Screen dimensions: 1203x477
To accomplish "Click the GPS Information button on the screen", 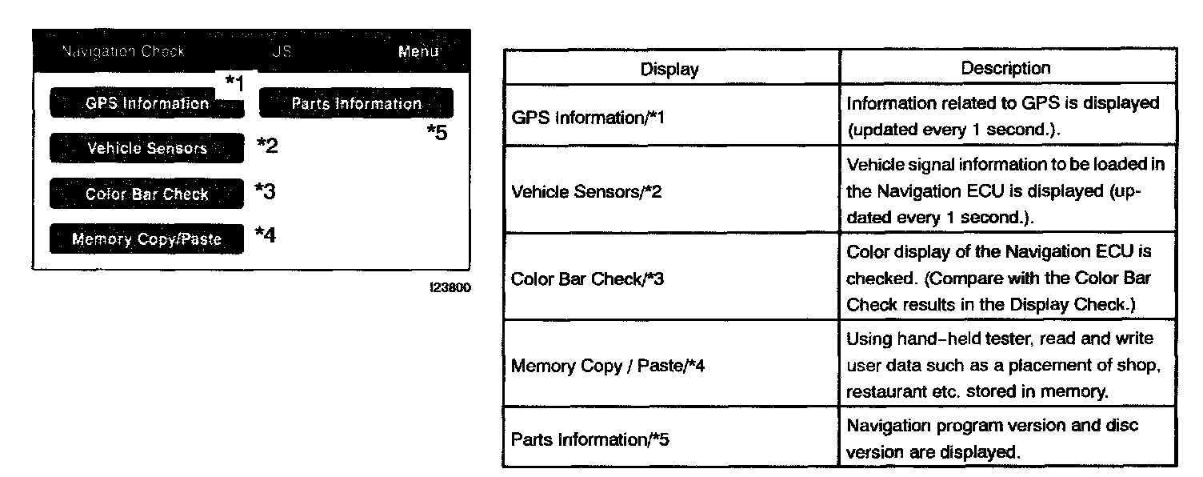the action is pyautogui.click(x=147, y=103).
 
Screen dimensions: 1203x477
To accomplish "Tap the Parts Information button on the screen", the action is pyautogui.click(x=356, y=103).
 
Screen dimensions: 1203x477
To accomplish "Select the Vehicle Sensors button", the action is pyautogui.click(x=147, y=148).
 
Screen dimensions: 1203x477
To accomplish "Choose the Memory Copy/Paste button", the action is pyautogui.click(x=146, y=238).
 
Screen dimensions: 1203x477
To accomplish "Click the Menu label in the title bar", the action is pyautogui.click(x=418, y=52).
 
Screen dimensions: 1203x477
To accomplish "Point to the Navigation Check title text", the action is pyautogui.click(x=122, y=52).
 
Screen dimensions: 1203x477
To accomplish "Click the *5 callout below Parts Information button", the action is pyautogui.click(x=436, y=133).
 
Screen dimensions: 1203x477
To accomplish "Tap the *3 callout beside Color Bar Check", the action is pyautogui.click(x=265, y=191).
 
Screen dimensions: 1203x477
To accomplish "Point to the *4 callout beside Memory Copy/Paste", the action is pyautogui.click(x=265, y=235).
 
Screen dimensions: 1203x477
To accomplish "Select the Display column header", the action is pyautogui.click(x=669, y=69).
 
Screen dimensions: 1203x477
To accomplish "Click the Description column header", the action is pyautogui.click(x=1005, y=68).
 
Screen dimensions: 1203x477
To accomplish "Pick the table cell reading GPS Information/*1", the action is pyautogui.click(x=587, y=118).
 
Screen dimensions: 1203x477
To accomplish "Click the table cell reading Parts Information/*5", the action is pyautogui.click(x=590, y=439).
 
